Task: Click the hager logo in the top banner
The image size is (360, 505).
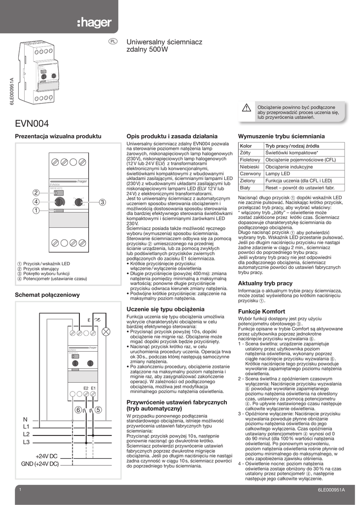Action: (x=95, y=23)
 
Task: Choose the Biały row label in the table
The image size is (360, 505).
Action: (x=246, y=188)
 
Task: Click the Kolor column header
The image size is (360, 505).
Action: (x=246, y=146)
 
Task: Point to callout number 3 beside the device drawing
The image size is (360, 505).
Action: (x=103, y=202)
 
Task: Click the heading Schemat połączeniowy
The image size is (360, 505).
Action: (x=47, y=294)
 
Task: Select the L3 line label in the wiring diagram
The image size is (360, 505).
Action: (x=26, y=442)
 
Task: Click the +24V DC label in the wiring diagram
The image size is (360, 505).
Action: (x=46, y=456)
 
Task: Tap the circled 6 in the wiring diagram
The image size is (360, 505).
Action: (x=78, y=409)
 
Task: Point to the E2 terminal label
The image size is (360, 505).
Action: (x=86, y=388)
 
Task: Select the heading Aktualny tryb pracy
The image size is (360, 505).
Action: (x=265, y=284)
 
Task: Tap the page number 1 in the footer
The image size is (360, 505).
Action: (x=20, y=490)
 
